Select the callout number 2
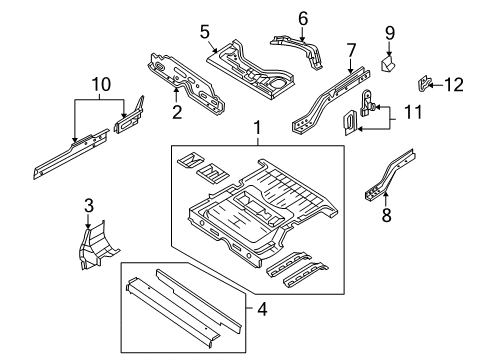177,112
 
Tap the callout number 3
88,206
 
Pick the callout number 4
262,309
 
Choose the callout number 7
351,49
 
